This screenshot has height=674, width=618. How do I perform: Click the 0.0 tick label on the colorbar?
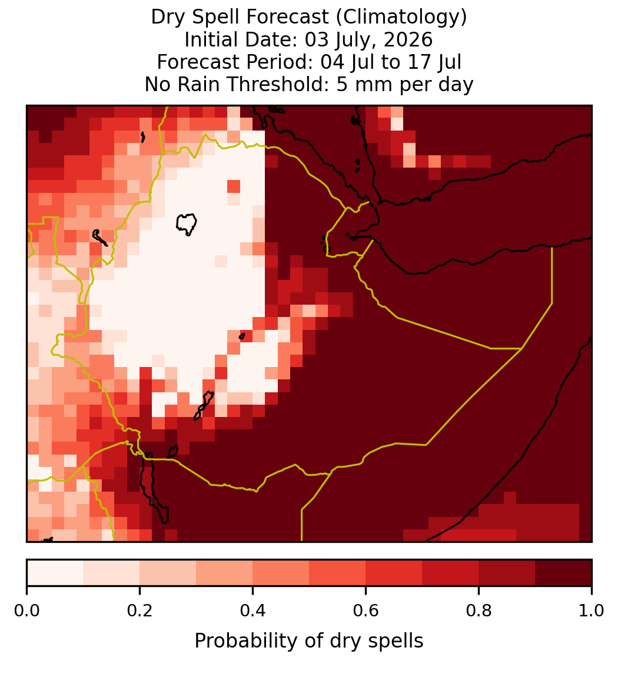click(x=26, y=610)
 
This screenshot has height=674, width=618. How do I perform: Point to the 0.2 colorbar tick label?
click(x=139, y=610)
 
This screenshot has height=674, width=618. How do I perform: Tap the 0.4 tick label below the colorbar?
click(x=253, y=610)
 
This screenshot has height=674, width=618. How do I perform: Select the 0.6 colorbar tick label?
click(x=366, y=610)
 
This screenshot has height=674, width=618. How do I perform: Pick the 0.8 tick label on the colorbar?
click(x=479, y=610)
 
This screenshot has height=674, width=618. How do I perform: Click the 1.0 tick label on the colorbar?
click(x=592, y=610)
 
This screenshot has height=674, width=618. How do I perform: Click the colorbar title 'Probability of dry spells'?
click(x=309, y=641)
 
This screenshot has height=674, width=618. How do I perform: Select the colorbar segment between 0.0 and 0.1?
click(x=55, y=573)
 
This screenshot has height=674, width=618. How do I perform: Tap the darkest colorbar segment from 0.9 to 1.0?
click(x=563, y=573)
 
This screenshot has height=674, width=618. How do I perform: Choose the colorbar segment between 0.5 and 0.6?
click(x=338, y=573)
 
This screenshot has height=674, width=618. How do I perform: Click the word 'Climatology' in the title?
click(x=398, y=17)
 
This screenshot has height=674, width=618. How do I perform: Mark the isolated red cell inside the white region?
click(x=234, y=186)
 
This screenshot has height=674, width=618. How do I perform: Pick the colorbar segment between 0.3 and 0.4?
click(x=224, y=573)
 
